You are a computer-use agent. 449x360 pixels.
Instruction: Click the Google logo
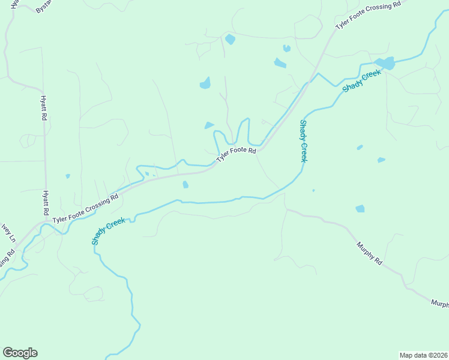(20, 353)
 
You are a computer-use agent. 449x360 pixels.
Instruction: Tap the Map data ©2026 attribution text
(423, 355)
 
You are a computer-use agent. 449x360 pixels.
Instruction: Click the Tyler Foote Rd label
(236, 155)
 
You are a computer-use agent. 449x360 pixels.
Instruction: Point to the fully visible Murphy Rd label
(369, 253)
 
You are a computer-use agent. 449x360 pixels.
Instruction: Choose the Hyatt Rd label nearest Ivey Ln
(44, 203)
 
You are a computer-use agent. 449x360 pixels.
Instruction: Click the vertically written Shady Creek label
(303, 140)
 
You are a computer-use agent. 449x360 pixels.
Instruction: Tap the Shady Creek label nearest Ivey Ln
(108, 231)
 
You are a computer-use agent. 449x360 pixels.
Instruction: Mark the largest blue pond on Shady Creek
(385, 63)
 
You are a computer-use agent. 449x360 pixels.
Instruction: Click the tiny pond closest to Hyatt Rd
(68, 176)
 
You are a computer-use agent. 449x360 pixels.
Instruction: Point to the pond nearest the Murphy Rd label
(360, 209)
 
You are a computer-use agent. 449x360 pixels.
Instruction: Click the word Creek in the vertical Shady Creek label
(304, 151)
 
